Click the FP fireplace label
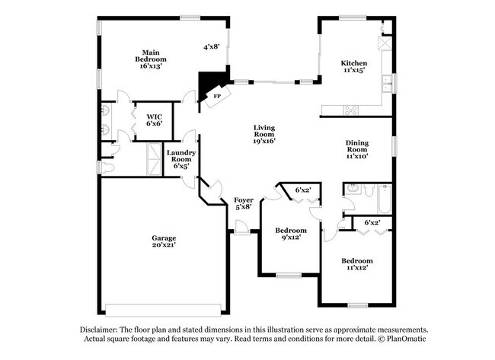click(217, 96)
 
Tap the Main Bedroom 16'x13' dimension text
click(151, 66)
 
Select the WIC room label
click(155, 116)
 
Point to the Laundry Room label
click(181, 156)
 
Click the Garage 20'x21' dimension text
click(164, 244)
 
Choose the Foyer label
click(244, 200)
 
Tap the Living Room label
click(264, 131)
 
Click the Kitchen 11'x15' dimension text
click(354, 70)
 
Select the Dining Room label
click(357, 146)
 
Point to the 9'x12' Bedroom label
click(291, 231)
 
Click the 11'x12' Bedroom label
click(357, 261)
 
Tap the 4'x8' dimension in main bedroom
click(211, 47)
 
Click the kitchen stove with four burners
click(351, 110)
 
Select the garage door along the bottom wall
click(163, 311)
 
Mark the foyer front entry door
click(242, 228)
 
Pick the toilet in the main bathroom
click(105, 167)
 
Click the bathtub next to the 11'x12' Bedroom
click(385, 199)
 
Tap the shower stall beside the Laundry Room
click(155, 159)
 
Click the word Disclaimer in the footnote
click(99, 330)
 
